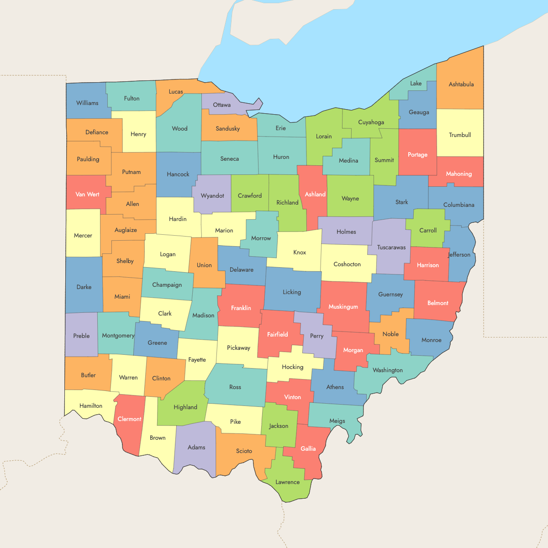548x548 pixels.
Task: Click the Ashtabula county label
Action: click(461, 84)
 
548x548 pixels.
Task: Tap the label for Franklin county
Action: click(241, 308)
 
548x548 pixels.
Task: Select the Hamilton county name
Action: click(91, 406)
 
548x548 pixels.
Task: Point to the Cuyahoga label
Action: click(371, 122)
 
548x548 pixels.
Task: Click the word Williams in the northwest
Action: click(87, 103)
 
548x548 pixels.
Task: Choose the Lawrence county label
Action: click(287, 482)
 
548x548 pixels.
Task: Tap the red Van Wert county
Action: click(87, 194)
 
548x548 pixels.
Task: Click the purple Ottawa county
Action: click(221, 105)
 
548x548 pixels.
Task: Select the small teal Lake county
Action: click(416, 83)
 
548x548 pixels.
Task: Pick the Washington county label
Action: click(388, 370)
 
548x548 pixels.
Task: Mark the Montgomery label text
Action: click(118, 335)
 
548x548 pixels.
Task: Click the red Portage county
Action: click(417, 154)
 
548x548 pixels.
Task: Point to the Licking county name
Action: click(292, 292)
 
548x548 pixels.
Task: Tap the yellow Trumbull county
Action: click(459, 135)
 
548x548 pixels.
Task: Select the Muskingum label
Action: click(343, 306)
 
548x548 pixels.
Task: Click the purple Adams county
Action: click(196, 447)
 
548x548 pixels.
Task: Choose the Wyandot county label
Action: click(212, 195)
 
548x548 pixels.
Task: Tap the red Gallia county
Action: click(308, 448)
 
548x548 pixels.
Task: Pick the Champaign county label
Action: click(167, 285)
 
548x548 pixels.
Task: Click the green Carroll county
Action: click(428, 230)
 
